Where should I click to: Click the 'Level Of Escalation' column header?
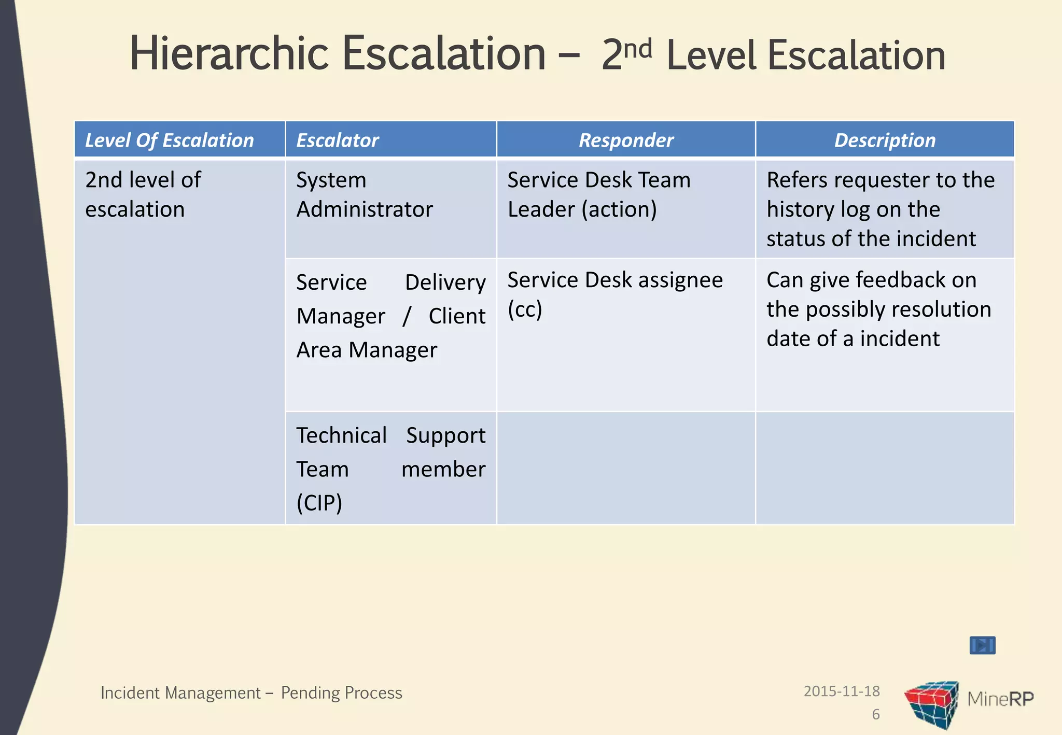click(x=170, y=140)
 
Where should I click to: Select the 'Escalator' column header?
click(x=338, y=140)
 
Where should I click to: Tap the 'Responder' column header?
click(x=626, y=140)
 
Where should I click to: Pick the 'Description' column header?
click(x=885, y=140)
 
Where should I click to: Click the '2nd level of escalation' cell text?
click(x=143, y=194)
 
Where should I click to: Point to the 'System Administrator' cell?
click(x=364, y=194)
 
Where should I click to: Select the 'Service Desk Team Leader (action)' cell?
click(x=599, y=194)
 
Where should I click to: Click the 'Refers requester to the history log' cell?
click(x=881, y=209)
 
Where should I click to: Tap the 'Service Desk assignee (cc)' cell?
click(x=614, y=294)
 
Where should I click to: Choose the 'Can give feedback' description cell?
click(x=879, y=309)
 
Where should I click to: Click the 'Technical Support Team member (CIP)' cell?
click(x=390, y=469)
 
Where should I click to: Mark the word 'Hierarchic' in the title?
click(x=229, y=53)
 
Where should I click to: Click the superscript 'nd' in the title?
click(x=637, y=49)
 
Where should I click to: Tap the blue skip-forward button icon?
click(x=982, y=645)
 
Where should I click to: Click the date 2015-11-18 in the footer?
click(x=842, y=691)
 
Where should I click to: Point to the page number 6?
click(x=876, y=715)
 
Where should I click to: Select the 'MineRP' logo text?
click(x=1000, y=699)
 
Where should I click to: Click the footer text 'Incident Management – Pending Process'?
click(x=251, y=693)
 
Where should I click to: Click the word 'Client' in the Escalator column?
click(x=457, y=316)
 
